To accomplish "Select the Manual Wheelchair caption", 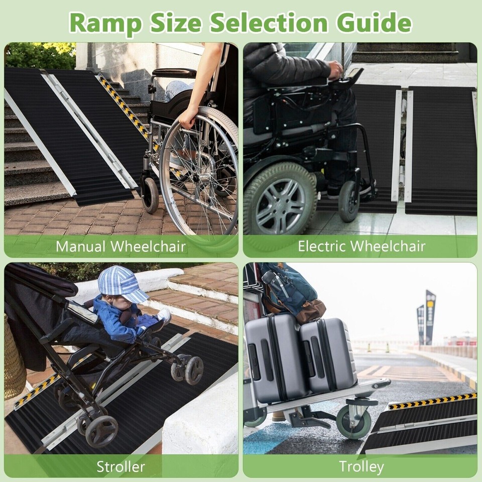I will tap(120, 247).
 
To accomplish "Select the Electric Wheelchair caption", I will tap(361, 247).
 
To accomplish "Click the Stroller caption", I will tap(120, 466).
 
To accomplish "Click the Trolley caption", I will tap(361, 466).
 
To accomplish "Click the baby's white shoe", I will tap(164, 315).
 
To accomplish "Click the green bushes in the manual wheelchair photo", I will tap(40, 55).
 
